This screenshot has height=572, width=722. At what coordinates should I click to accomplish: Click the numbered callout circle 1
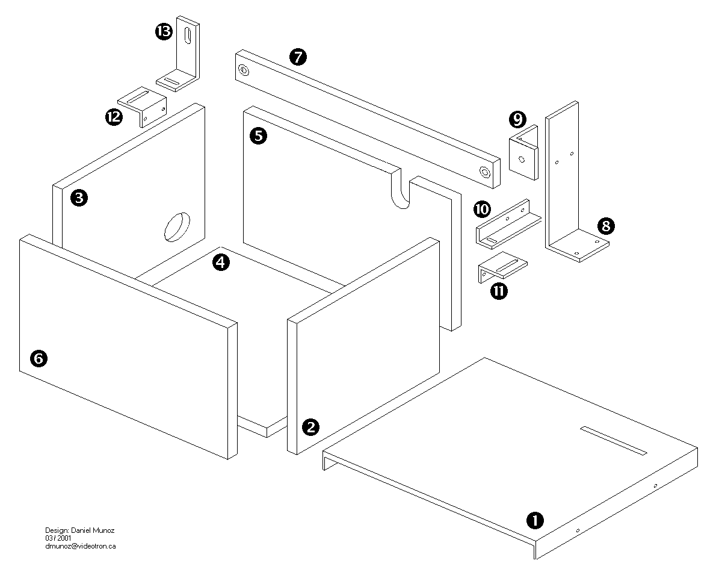[535, 519]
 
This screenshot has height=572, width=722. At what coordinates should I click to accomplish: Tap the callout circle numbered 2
[310, 427]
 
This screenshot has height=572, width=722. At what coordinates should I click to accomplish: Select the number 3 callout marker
[78, 197]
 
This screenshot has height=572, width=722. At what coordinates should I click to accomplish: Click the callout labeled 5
[258, 135]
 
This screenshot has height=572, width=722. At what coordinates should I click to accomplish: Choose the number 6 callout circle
[38, 359]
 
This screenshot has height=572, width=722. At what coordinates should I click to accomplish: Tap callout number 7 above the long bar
[298, 57]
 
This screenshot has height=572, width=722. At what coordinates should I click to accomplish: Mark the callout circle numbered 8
[606, 226]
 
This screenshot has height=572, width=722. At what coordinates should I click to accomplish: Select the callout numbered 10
[483, 210]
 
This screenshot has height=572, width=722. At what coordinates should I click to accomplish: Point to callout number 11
[499, 291]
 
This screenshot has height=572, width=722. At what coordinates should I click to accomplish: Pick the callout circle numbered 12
[113, 117]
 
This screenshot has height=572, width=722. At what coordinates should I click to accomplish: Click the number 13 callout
[164, 32]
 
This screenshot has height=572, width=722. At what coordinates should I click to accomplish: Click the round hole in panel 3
[176, 226]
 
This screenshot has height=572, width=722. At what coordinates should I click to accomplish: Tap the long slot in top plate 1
[613, 441]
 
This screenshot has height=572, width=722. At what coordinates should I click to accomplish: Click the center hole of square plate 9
[522, 160]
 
